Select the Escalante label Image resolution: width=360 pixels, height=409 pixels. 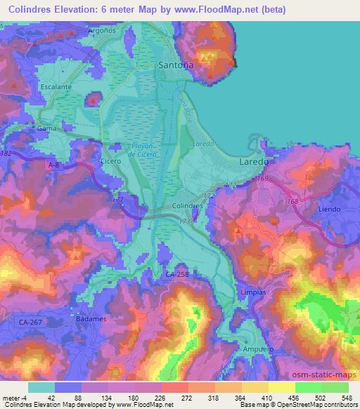click(56, 86)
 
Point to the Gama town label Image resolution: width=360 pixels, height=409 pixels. click(47, 129)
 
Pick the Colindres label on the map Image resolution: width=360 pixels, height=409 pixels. click(187, 206)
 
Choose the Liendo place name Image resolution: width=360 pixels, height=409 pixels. click(329, 209)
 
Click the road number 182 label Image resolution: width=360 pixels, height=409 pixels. click(7, 152)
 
